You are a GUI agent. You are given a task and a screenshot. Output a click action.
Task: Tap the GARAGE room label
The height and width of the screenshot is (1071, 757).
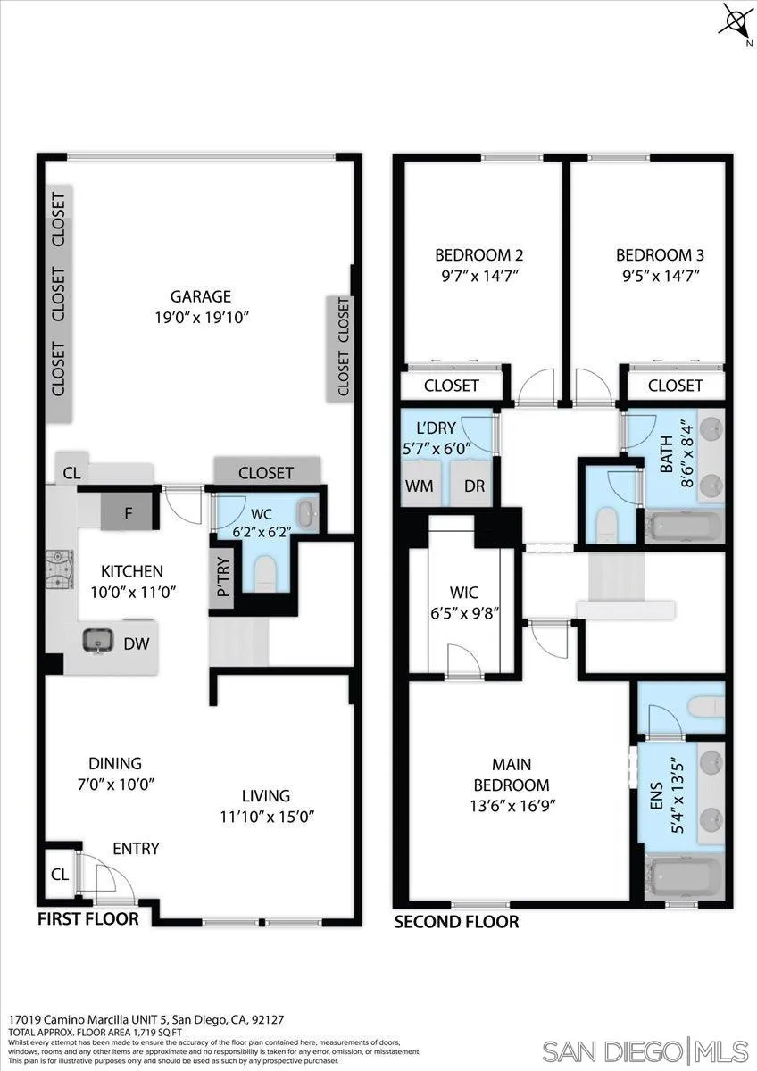(x=201, y=297)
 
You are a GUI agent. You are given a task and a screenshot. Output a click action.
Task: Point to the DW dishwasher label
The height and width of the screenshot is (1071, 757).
(x=135, y=643)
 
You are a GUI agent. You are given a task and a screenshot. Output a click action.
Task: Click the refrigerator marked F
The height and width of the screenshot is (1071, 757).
(x=129, y=513)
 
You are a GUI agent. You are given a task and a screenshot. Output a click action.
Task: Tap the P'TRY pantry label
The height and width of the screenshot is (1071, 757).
(x=222, y=578)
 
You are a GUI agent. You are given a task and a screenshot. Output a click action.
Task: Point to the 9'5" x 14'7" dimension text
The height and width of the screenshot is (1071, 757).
(x=659, y=276)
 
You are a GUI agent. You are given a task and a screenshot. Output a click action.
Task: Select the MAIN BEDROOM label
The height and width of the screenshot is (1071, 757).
(x=512, y=775)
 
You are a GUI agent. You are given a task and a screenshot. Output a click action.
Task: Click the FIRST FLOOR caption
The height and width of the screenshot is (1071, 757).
(x=87, y=919)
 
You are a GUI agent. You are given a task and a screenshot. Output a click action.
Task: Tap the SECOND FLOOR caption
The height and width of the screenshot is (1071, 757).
(x=456, y=922)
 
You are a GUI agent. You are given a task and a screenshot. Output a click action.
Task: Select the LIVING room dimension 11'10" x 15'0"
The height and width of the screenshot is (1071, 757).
(x=266, y=816)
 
